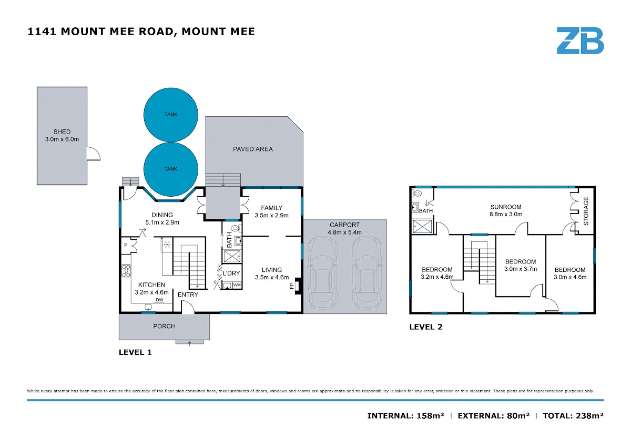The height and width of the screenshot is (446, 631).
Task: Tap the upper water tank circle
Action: [x=171, y=115]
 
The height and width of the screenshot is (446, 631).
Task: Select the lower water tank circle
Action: [x=171, y=169]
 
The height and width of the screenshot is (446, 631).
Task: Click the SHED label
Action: [x=62, y=131]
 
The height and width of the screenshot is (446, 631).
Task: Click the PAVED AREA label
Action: [x=253, y=149]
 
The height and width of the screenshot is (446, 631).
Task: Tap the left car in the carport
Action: [x=322, y=272]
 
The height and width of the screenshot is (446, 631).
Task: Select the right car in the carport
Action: [x=368, y=272]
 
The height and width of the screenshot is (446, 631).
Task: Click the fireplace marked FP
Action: [x=298, y=286]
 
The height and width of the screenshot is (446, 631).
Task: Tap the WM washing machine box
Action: [x=237, y=285]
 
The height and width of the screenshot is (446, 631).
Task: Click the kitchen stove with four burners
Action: [x=126, y=270]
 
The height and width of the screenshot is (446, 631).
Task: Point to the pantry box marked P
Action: [x=126, y=245]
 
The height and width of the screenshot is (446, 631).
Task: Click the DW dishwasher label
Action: [x=159, y=300]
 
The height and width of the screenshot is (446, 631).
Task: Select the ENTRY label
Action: [x=188, y=295]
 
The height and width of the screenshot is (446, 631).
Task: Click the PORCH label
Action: [x=164, y=326]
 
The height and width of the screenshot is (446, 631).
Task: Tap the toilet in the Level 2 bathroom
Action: [x=416, y=193]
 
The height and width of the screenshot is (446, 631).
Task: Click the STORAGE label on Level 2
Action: [x=586, y=211]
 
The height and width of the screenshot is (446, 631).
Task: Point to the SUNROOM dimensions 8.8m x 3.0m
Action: [x=506, y=214]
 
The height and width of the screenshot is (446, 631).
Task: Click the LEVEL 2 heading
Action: [x=426, y=327]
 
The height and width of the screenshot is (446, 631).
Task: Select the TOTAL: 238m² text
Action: [x=573, y=415]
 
